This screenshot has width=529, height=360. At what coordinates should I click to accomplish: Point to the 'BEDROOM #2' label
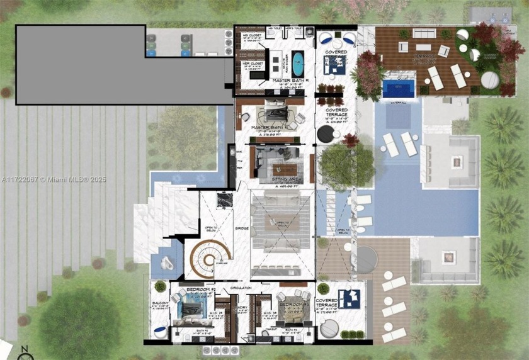click(x=202, y=290)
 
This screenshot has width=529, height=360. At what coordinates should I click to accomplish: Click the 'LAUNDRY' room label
click(x=241, y=308)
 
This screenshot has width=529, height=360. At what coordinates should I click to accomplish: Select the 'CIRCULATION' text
click(x=241, y=288)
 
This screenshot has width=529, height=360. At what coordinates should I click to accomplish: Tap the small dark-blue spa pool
click(x=399, y=87)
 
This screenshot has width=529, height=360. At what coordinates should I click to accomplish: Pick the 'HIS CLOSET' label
click(x=252, y=36)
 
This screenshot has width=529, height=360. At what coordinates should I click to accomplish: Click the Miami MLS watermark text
click(x=53, y=179)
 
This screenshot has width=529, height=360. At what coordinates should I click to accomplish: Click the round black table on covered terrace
click(x=326, y=133)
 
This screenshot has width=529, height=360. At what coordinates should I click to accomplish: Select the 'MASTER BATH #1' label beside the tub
click(x=290, y=81)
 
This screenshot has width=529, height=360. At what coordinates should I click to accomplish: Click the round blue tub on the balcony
click(x=161, y=333)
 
